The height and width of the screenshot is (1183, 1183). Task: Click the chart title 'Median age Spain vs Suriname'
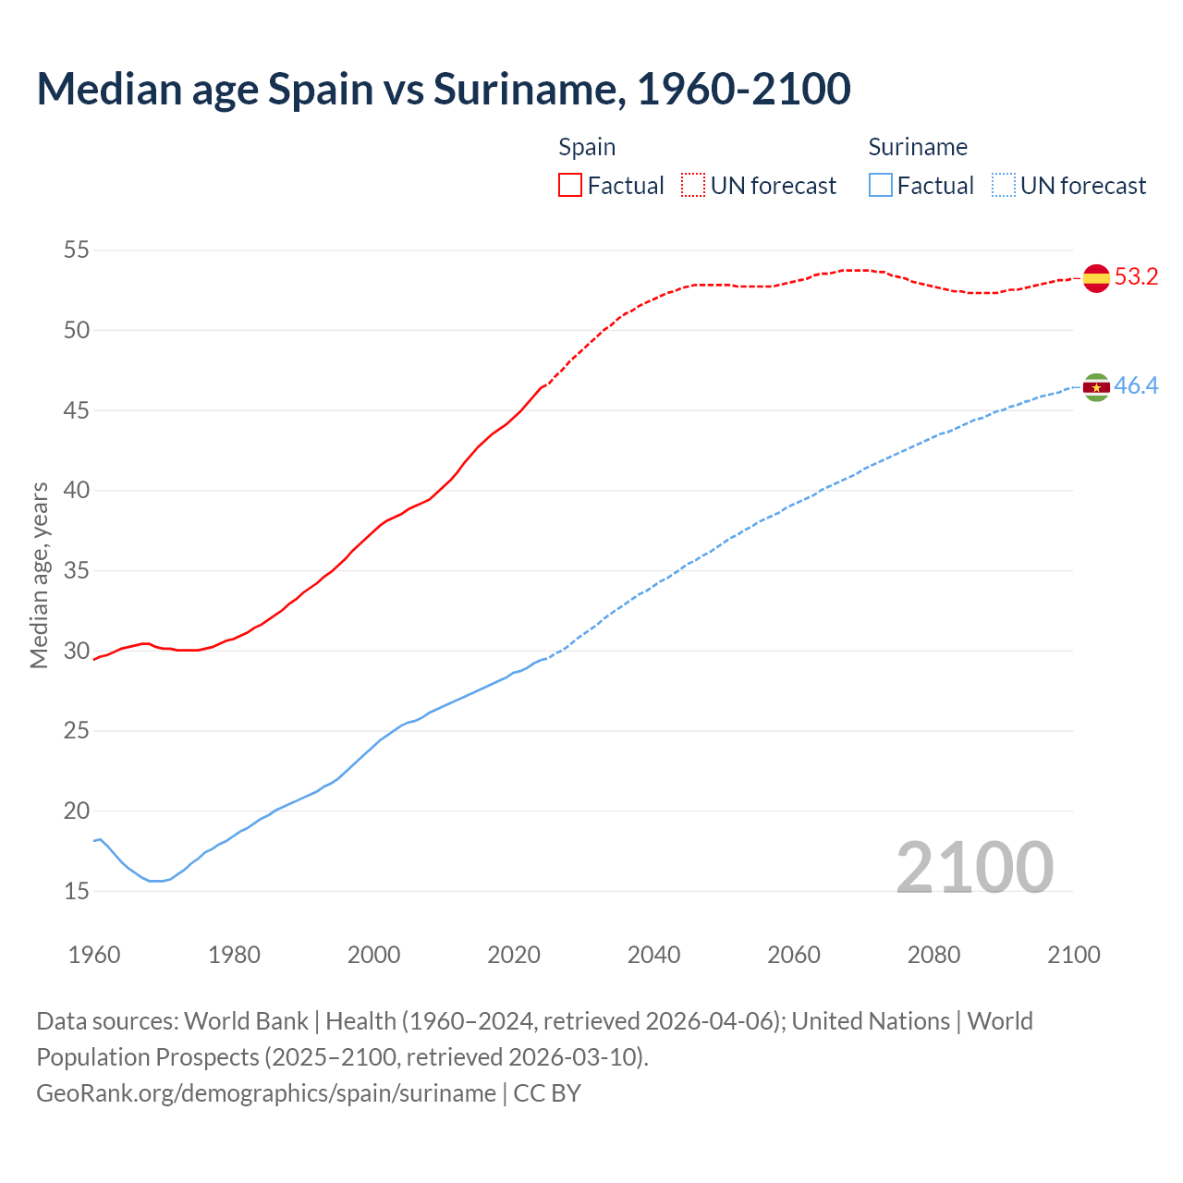444,89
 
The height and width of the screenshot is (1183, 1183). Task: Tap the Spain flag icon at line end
1096,277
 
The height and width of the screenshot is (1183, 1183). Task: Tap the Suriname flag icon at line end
1096,387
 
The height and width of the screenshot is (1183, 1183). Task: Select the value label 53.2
1136,277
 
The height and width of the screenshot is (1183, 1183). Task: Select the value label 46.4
1136,386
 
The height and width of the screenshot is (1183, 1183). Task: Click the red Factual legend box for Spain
570,186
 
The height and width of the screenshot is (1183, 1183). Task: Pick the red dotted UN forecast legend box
693,186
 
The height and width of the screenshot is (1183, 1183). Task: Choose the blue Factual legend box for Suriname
881,186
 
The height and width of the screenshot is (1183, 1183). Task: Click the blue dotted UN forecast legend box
1003,186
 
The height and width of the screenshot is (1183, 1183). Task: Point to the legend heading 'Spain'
587,147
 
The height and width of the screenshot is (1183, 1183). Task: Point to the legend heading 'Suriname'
918,147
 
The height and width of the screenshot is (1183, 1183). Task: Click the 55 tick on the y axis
77,250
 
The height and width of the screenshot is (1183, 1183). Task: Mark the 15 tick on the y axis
77,891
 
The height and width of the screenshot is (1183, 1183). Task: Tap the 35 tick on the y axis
77,570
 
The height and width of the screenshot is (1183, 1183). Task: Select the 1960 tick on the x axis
94,955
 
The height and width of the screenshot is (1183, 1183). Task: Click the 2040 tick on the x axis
653,955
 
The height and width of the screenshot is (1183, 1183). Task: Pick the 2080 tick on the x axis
933,955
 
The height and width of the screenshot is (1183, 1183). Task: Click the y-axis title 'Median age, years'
39,575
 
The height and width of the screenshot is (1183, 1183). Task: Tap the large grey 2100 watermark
974,868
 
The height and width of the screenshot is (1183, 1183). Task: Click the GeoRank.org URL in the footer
266,1093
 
